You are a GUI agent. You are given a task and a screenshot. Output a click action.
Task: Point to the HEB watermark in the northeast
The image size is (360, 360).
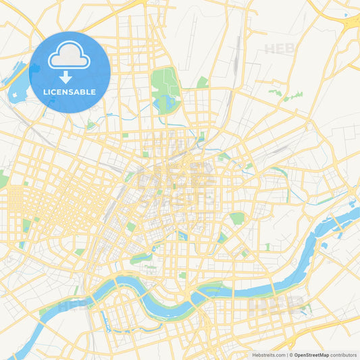[x=280, y=49]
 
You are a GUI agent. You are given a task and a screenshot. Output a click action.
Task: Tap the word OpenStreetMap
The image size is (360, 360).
[x=312, y=355]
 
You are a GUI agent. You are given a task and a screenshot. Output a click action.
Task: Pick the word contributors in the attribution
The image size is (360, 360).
[x=344, y=355]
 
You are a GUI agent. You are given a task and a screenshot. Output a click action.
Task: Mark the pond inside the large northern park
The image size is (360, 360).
[x=165, y=103]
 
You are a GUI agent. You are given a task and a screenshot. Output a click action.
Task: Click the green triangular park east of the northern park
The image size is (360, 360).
[x=203, y=82]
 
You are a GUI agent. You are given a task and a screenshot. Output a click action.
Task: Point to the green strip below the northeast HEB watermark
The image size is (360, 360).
[x=292, y=97]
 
